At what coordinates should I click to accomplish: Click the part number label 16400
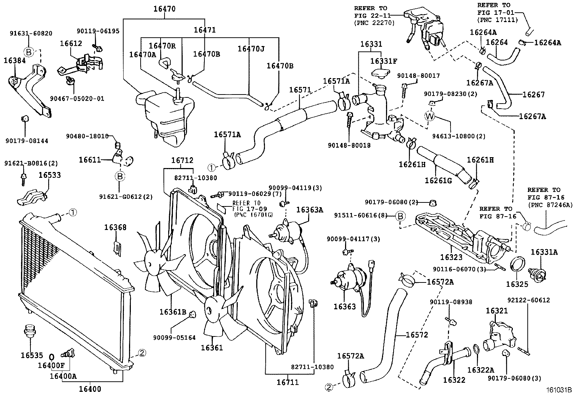90,389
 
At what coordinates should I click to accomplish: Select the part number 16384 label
14,60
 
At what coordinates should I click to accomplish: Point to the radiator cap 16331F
379,72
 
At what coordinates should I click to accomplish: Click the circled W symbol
429,116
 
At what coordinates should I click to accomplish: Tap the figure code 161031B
559,390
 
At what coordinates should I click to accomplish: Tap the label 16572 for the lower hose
417,335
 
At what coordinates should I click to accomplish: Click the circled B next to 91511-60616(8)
400,216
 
